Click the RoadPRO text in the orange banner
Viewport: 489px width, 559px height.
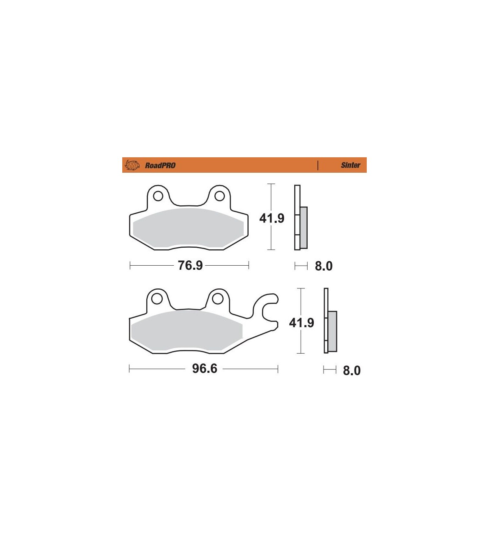click(x=160, y=165)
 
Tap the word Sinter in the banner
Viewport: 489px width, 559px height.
click(x=350, y=165)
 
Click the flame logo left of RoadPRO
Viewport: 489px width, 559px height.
click(x=132, y=165)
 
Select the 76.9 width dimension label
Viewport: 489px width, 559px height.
click(x=190, y=265)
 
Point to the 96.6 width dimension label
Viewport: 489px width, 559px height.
click(x=204, y=369)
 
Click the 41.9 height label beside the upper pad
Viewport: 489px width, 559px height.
click(x=272, y=218)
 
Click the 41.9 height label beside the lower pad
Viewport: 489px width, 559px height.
click(x=302, y=323)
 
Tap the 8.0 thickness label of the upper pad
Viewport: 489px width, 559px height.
click(x=324, y=266)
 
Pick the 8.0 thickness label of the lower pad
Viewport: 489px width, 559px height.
click(x=352, y=370)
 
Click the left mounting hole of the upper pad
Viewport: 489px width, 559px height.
click(x=158, y=196)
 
